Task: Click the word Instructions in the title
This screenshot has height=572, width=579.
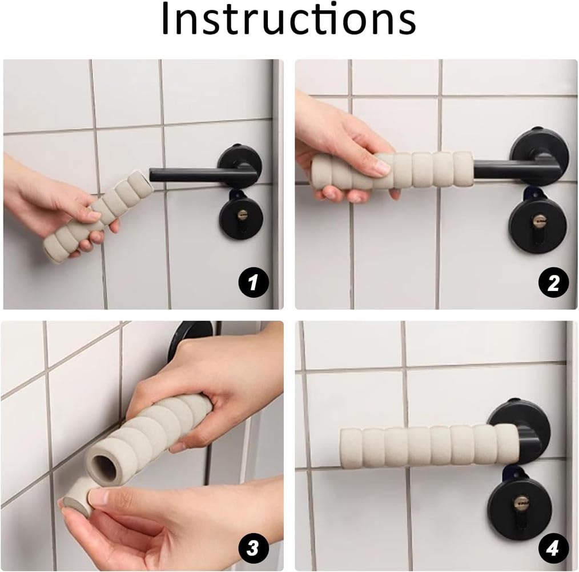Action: pos(288,21)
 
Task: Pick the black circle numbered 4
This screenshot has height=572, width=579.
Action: pos(553,549)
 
